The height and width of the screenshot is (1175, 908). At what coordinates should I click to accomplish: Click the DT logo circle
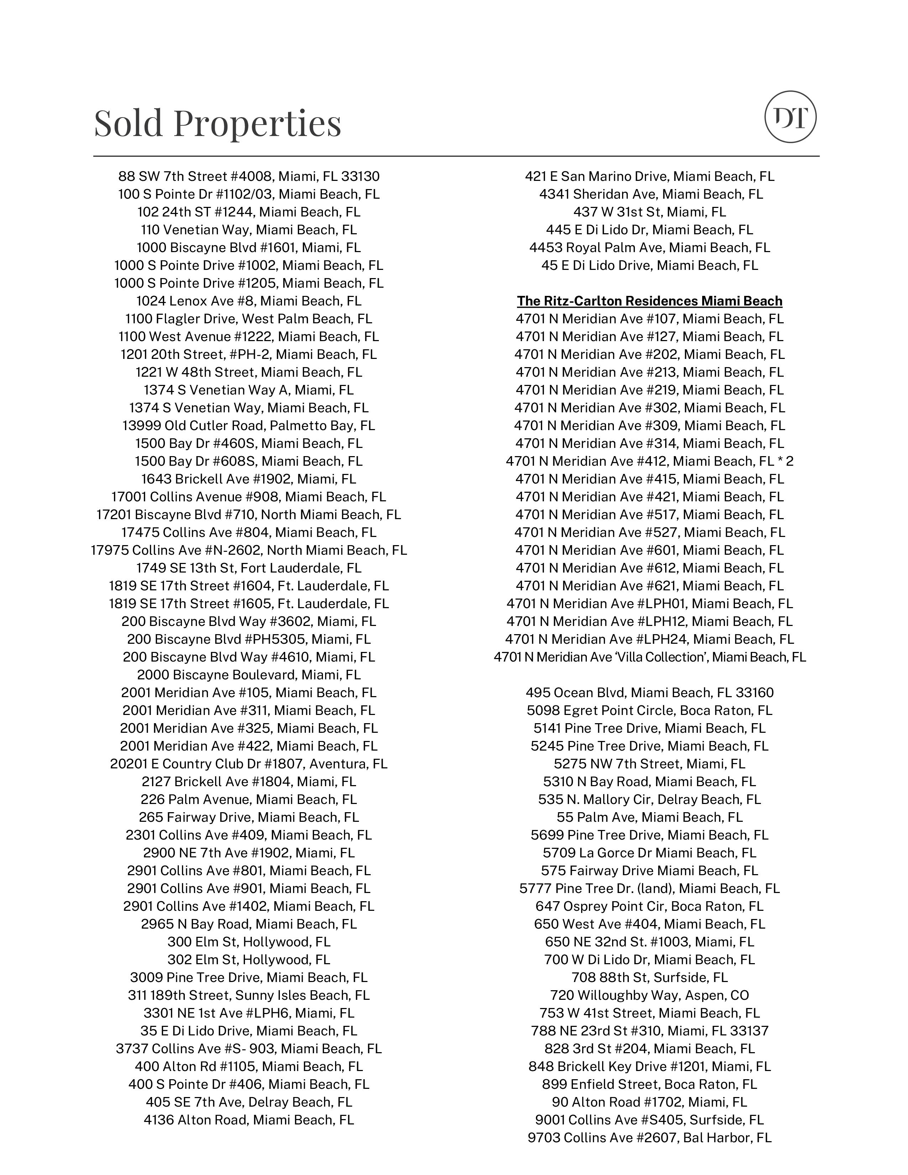tap(790, 117)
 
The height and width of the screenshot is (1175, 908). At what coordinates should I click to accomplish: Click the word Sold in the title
tap(128, 123)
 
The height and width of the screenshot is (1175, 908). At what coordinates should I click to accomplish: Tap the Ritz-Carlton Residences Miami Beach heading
tap(649, 301)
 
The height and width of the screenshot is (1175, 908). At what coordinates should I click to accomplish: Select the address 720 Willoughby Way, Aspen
tap(649, 995)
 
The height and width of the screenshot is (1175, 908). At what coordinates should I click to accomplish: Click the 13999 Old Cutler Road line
tap(249, 425)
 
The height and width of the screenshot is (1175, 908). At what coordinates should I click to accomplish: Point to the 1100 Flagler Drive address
tap(249, 319)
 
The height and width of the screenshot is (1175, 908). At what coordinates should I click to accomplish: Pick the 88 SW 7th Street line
tap(249, 177)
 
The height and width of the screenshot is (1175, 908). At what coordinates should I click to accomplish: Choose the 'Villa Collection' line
tap(649, 657)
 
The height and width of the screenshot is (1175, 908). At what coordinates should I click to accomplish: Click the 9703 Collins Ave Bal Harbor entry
tap(649, 1138)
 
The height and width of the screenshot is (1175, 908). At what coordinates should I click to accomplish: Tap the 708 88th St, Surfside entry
tap(649, 977)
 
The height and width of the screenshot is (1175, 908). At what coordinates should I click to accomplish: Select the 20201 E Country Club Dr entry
tap(249, 764)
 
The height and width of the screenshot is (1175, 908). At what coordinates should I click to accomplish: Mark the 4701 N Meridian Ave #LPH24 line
tap(649, 639)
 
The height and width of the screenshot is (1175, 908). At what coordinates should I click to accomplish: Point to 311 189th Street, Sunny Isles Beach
tap(249, 995)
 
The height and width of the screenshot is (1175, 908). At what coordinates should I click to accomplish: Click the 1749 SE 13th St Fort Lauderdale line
tap(249, 568)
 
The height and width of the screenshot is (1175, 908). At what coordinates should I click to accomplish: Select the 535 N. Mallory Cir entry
tap(649, 799)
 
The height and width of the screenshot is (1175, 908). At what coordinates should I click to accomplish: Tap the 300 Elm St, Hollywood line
tap(249, 942)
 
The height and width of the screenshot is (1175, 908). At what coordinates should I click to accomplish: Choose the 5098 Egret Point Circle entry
tap(649, 710)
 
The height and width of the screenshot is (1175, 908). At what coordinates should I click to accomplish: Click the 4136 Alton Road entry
tap(249, 1120)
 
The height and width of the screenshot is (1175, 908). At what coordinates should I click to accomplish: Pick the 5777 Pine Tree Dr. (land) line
tap(649, 888)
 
